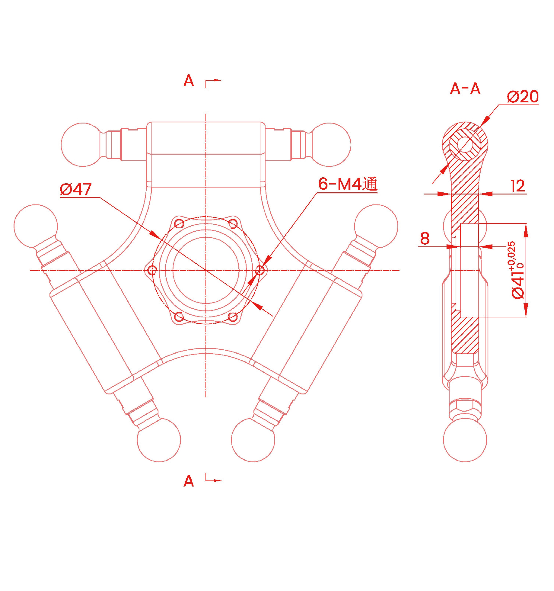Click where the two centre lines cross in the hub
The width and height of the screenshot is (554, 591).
(x=206, y=270)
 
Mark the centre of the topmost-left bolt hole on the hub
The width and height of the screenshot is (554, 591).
(x=179, y=224)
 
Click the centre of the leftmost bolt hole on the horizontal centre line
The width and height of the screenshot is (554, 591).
(x=152, y=270)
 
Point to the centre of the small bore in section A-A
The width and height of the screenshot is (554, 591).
(x=465, y=144)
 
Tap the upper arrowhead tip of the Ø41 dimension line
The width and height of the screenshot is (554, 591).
(x=526, y=224)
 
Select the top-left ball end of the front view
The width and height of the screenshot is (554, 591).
(x=83, y=145)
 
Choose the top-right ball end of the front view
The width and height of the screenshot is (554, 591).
(x=329, y=145)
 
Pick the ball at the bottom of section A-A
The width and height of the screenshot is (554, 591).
(x=465, y=440)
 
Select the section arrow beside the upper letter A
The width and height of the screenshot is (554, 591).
(x=213, y=83)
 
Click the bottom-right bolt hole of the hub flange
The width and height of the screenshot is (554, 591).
(x=233, y=317)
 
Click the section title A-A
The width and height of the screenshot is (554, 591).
(x=465, y=89)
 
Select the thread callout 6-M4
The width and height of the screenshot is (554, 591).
(x=340, y=184)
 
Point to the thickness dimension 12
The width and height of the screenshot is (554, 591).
(x=517, y=186)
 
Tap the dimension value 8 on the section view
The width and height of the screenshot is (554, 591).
(x=425, y=239)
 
